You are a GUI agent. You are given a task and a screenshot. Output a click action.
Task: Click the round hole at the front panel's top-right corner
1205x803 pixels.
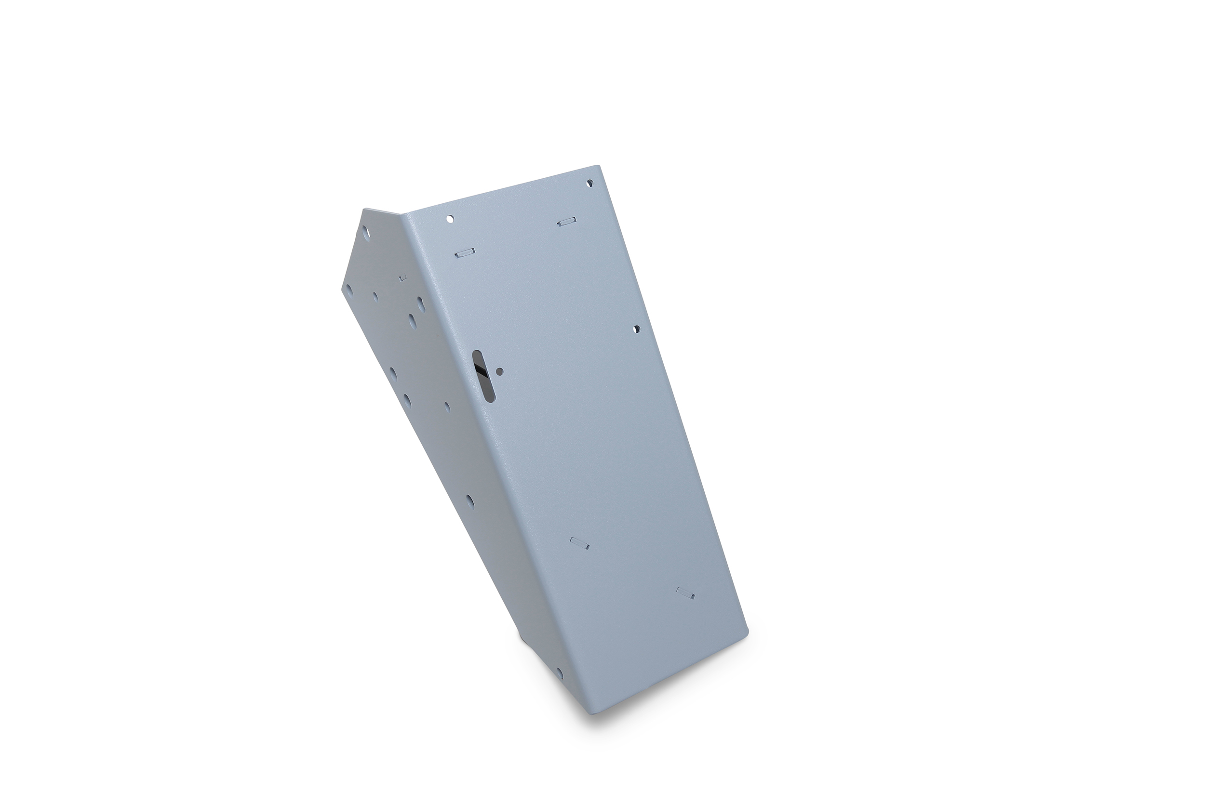pos(589,182)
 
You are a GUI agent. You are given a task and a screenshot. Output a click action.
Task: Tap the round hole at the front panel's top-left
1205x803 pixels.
pos(450,219)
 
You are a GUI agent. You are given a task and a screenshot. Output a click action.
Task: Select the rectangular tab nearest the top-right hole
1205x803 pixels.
pos(567,222)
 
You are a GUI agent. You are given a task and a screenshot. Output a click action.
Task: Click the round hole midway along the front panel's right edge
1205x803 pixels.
pos(637,329)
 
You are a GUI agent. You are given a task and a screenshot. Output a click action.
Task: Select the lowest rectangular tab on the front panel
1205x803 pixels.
pos(685,593)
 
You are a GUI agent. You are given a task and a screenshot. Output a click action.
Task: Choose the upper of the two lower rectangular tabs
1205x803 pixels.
pos(579,543)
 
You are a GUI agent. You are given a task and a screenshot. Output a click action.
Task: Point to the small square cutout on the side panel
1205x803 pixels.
pos(402,277)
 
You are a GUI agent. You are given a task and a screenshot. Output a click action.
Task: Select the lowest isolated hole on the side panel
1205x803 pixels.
pos(469,502)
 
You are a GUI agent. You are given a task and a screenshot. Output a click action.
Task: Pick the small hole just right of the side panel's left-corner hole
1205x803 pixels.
pos(375,297)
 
